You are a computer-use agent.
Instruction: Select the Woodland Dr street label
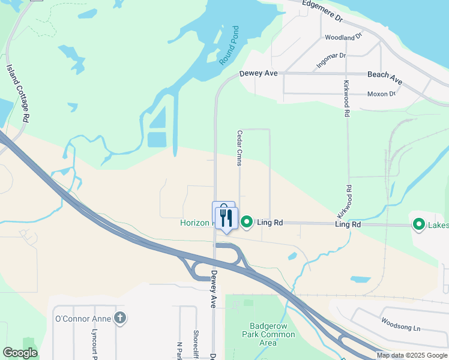click(344, 37)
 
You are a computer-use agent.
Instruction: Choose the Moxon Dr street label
click(381, 94)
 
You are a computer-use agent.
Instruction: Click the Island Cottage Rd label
click(17, 94)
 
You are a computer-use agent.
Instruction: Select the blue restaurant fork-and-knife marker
click(226, 218)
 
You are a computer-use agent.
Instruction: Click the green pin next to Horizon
click(247, 223)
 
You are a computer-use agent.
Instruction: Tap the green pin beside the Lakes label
click(418, 224)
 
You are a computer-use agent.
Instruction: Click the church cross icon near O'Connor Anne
click(120, 318)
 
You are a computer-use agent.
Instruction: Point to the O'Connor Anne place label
click(83, 318)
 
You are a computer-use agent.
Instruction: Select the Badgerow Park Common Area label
click(260, 334)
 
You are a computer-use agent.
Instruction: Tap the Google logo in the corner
click(20, 353)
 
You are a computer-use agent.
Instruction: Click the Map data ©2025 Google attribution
click(412, 355)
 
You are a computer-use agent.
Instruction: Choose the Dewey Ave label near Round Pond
click(258, 74)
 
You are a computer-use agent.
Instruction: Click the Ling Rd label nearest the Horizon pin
click(270, 223)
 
